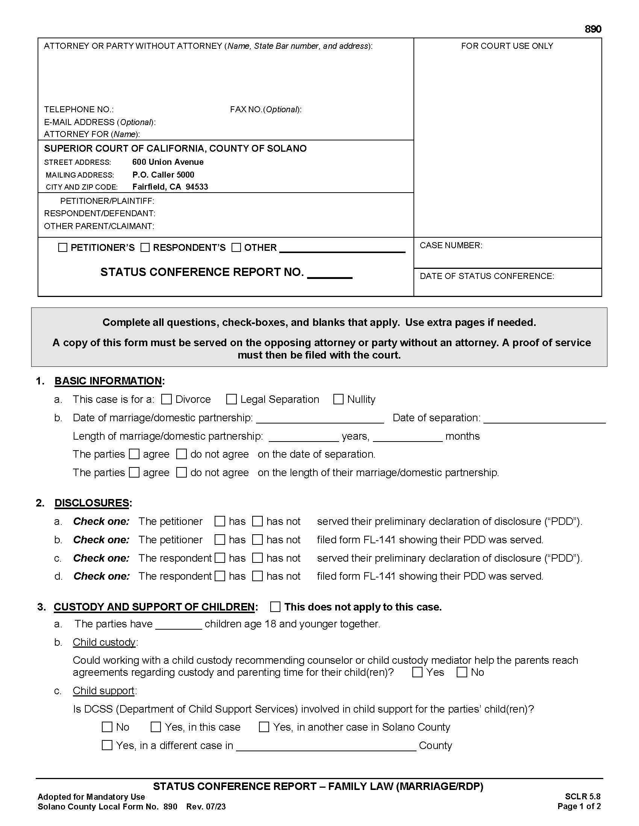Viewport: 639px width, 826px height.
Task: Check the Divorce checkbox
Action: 167,399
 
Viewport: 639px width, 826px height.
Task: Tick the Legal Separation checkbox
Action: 231,399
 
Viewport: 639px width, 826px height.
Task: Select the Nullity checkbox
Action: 338,399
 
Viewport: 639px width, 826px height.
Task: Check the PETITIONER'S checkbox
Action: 63,247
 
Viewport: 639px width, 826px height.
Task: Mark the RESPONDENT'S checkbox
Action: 145,247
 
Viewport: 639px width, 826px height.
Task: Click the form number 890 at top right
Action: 593,29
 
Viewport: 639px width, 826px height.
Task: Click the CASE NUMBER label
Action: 450,245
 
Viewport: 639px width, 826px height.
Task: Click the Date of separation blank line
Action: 544,418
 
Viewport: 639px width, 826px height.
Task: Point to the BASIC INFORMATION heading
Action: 108,381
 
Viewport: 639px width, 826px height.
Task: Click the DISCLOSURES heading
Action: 92,503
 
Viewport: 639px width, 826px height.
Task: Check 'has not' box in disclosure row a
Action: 257,521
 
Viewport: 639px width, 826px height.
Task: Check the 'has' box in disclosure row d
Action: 220,576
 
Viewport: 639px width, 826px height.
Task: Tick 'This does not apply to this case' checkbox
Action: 275,607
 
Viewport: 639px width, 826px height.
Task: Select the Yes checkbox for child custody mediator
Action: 417,672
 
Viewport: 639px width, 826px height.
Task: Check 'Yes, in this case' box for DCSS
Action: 156,727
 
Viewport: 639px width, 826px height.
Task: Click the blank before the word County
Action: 326,746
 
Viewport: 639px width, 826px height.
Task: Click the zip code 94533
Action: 197,187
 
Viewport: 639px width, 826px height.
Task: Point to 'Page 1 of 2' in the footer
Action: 579,806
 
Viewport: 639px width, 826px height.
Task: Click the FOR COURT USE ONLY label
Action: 507,46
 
